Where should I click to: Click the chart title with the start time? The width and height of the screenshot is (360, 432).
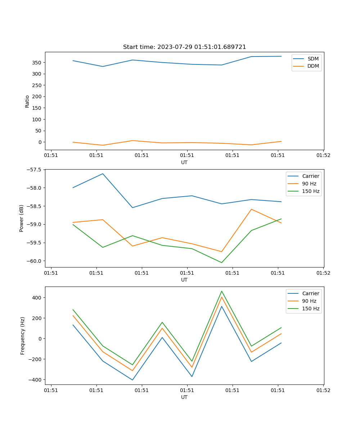click(184, 47)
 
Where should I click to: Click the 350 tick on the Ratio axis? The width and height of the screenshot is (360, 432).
click(37, 63)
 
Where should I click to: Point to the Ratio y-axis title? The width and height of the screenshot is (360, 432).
click(27, 101)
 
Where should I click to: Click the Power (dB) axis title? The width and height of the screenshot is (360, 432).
click(22, 218)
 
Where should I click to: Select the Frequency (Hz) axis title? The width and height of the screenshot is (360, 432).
click(22, 336)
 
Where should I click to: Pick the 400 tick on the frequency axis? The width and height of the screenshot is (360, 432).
click(37, 298)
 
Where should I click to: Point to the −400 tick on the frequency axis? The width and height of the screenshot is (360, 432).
click(36, 380)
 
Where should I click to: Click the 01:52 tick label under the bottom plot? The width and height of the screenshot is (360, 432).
click(323, 390)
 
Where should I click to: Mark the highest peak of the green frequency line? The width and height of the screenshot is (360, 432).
click(222, 291)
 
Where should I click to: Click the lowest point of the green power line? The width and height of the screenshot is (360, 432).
click(222, 262)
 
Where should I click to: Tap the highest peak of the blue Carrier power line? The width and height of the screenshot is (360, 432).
click(103, 174)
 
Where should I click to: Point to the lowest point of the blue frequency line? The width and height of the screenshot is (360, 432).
click(132, 380)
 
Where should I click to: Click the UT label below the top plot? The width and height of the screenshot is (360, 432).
click(184, 162)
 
